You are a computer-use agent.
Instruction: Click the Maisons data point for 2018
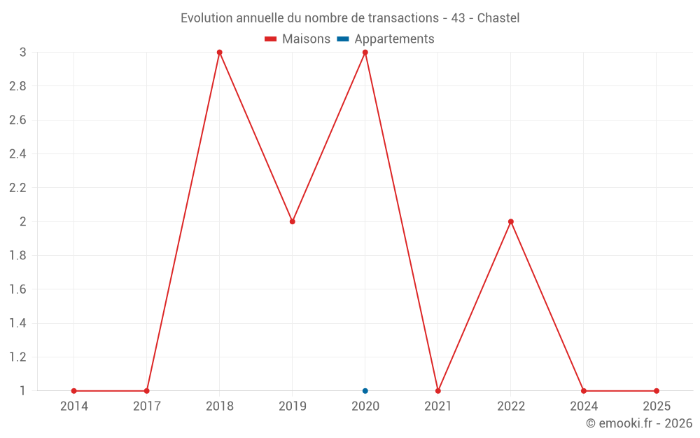[219, 53]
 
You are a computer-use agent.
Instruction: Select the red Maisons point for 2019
[293, 221]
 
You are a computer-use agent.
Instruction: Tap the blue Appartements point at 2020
[365, 390]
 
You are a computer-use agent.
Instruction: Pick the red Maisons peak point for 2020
[365, 53]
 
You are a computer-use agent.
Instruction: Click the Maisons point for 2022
[511, 221]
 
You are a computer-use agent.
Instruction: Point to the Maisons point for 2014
[73, 390]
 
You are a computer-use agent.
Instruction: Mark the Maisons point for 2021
[438, 390]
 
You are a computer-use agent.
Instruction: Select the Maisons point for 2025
[657, 390]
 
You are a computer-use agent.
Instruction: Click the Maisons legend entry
[297, 39]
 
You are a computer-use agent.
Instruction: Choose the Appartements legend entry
[386, 39]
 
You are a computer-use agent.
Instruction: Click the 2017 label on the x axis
[146, 406]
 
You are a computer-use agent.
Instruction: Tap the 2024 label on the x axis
[584, 406]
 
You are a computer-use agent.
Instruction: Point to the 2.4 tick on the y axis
[17, 154]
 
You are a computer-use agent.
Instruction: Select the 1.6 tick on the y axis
[17, 289]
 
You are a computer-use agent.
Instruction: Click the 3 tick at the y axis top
[22, 53]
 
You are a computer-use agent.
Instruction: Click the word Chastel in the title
[498, 18]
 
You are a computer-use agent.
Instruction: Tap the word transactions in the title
[402, 18]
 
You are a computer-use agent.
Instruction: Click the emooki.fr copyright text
[639, 423]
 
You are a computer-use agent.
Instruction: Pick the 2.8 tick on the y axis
[17, 86]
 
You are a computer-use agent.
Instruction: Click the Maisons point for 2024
[584, 390]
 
